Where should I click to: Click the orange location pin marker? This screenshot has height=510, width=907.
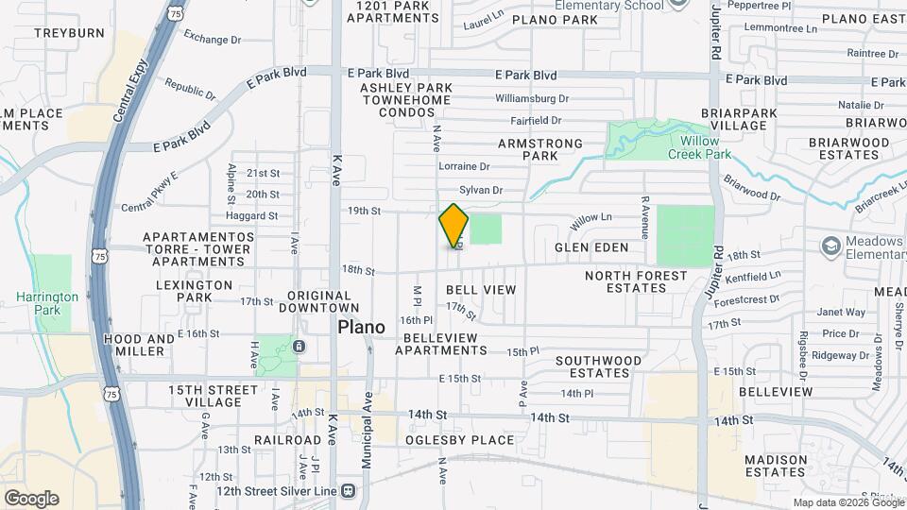(x=454, y=226)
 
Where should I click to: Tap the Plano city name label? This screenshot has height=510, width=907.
(x=362, y=327)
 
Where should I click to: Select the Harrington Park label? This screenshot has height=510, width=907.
(x=47, y=302)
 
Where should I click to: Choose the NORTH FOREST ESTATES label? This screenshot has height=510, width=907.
(x=632, y=281)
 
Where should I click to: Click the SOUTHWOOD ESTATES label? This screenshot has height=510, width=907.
(x=598, y=366)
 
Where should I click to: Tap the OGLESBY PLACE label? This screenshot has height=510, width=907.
(x=459, y=440)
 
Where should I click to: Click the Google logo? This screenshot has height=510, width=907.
(x=31, y=499)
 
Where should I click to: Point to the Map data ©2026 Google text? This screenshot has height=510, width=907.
(x=847, y=502)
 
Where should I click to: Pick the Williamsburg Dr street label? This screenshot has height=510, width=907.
(x=531, y=98)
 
